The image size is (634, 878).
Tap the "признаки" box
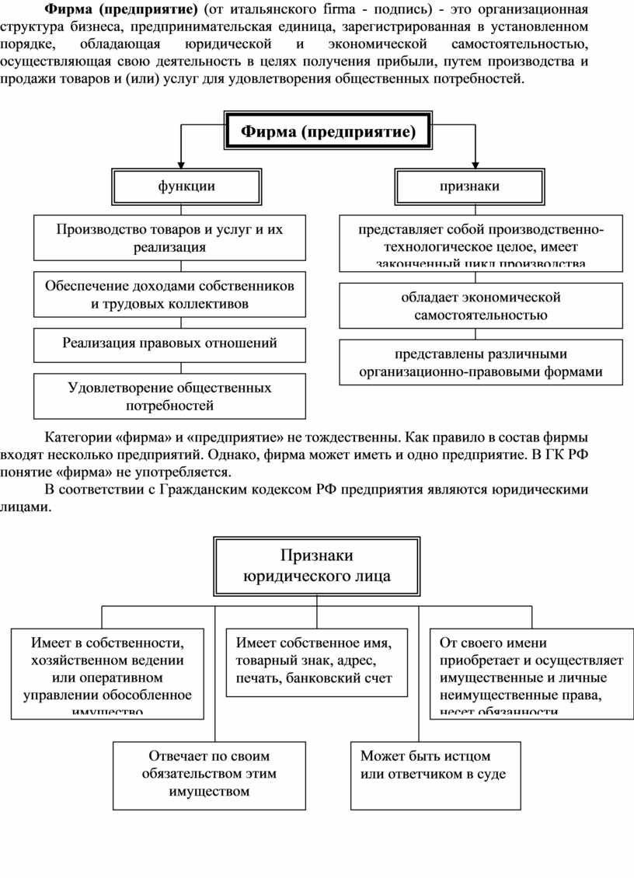pos(469,186)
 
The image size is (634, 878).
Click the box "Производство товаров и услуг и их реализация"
pos(169,238)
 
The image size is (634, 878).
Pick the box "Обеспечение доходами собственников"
pos(169,294)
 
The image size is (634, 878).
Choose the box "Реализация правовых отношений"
pos(169,343)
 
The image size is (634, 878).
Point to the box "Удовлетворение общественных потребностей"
pos(169,395)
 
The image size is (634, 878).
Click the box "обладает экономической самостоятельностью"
pos(481,306)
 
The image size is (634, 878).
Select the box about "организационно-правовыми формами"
pos(481,362)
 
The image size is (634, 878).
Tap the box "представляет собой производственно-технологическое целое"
pos(481,243)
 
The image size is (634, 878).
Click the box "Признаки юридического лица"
pos(317,566)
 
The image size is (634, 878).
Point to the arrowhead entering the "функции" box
pos(181,164)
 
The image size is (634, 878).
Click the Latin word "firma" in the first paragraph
pos(335,10)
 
